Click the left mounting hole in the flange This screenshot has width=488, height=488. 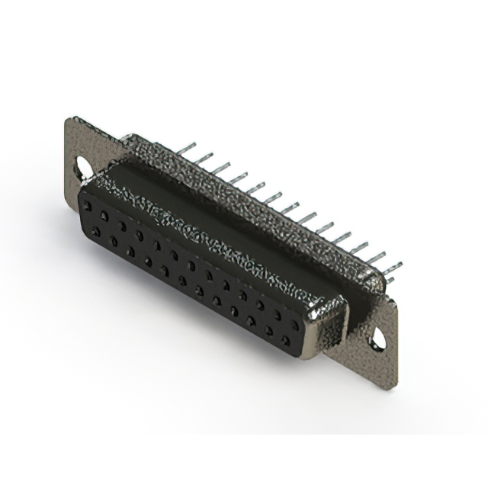[79, 166]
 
